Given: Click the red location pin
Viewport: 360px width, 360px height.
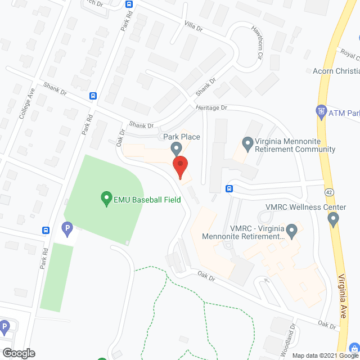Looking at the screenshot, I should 180,168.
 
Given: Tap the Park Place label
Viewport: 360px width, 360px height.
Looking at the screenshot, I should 182,137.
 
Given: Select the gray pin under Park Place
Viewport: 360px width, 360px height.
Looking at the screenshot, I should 177,148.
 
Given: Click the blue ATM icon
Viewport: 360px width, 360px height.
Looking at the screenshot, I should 321,112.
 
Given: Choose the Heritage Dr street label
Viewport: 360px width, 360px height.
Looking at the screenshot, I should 211,107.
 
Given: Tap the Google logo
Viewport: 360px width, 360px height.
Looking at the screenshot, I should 18,353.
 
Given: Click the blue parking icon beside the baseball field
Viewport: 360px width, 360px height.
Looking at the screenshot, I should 66,229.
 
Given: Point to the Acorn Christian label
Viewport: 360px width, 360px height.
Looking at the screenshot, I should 336,71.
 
